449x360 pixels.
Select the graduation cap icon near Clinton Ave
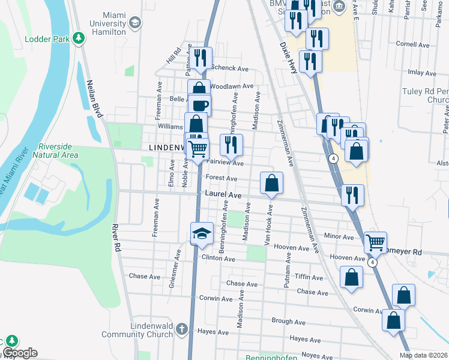(x=202, y=233)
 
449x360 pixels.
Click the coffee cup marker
(x=200, y=105)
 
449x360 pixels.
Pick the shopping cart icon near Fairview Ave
(x=197, y=148)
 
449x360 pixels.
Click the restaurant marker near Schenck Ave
(x=200, y=58)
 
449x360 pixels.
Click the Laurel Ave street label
(x=223, y=195)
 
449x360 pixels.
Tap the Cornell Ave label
(x=413, y=44)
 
